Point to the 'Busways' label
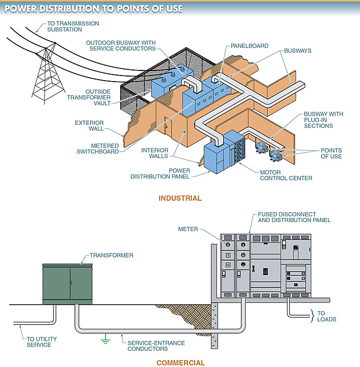pos(297,51)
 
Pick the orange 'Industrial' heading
pos(180,198)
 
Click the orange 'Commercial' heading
pos(181,362)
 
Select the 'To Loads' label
pos(327,316)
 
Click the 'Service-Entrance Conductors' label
pos(156,346)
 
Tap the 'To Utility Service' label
pos(39,342)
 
